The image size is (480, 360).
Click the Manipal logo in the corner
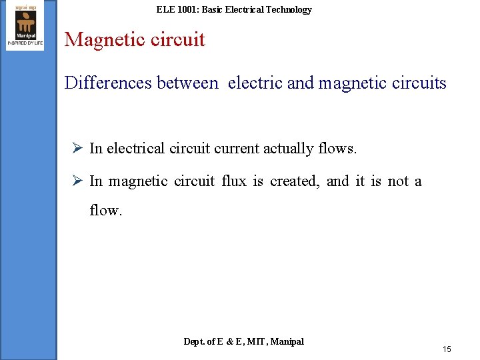coord(25,25)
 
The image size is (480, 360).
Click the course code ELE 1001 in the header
coord(176,9)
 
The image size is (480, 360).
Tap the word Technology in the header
coord(288,9)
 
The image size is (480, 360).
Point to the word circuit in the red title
coord(175,40)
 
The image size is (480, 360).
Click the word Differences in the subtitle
coord(108,83)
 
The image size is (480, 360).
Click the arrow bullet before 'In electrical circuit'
coord(77,148)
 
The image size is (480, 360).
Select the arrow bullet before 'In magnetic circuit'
coord(77,181)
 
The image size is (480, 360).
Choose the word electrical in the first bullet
coord(136,148)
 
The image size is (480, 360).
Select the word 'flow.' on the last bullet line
coord(106,211)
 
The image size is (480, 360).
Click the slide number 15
coord(447,349)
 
